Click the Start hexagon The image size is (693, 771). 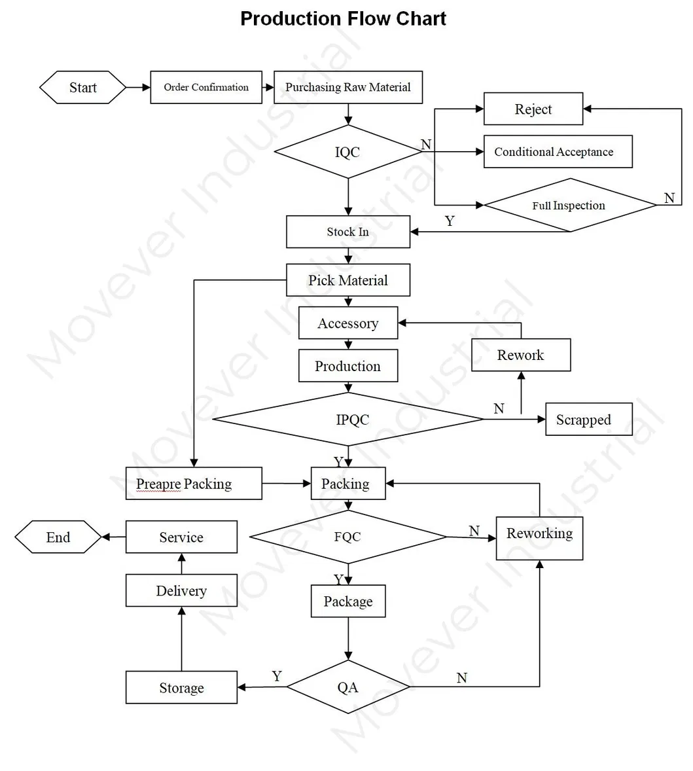[x=82, y=88]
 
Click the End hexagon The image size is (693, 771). [x=58, y=537]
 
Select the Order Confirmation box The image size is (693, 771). [x=206, y=88]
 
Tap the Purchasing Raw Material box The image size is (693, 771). [x=347, y=88]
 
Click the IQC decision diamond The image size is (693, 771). [x=347, y=152]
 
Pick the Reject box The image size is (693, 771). [x=533, y=109]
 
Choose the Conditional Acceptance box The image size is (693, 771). [x=558, y=152]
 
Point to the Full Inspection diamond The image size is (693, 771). [x=569, y=206]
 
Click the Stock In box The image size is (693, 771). [x=347, y=232]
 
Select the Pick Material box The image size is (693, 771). [x=347, y=280]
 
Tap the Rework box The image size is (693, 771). [x=520, y=355]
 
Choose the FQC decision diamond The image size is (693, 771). [x=347, y=537]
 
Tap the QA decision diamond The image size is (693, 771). [x=347, y=687]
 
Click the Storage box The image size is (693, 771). [x=181, y=687]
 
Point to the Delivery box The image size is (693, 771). [x=181, y=590]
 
